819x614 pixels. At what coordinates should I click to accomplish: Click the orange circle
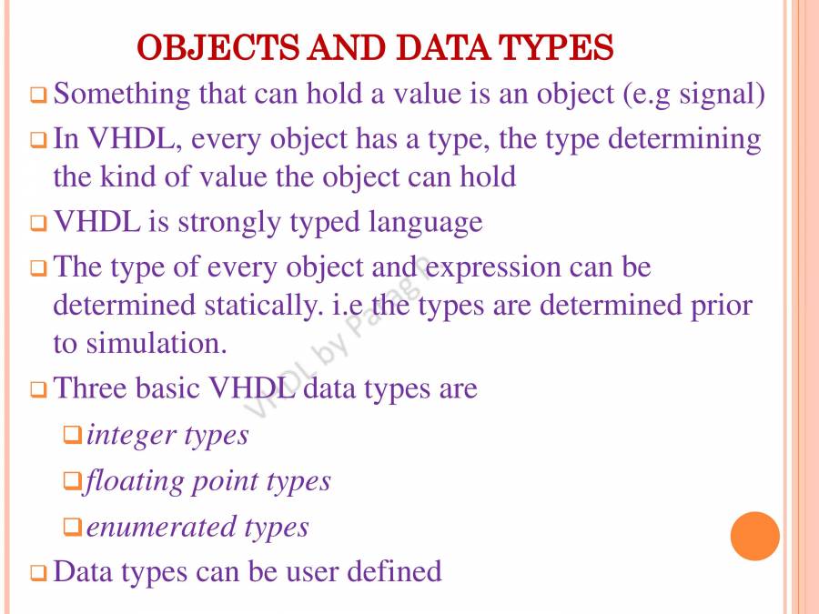pos(755,536)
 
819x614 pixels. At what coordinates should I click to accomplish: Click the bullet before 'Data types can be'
pos(38,573)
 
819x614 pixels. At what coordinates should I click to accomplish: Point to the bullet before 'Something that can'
pos(38,95)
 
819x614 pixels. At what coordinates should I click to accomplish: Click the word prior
pos(723,306)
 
